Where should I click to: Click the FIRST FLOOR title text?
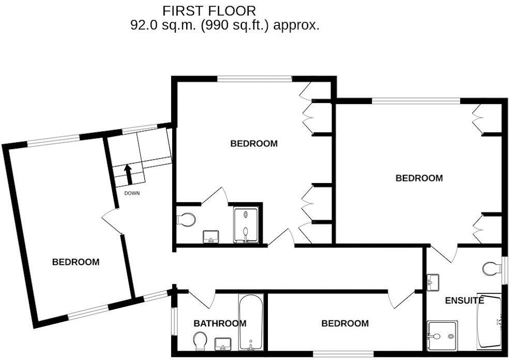[209, 10]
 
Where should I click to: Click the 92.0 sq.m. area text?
[224, 25]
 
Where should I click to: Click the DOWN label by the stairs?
[132, 193]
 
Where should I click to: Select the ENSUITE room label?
[464, 300]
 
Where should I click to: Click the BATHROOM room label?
[220, 323]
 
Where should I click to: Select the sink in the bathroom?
[223, 343]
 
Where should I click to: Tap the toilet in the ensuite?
[491, 268]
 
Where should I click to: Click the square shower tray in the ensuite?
[442, 336]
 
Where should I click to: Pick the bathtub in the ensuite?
[489, 321]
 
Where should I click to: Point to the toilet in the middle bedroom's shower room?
[186, 219]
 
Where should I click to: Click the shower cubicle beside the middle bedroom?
[246, 224]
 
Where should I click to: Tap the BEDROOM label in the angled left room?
[76, 262]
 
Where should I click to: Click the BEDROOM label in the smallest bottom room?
[345, 323]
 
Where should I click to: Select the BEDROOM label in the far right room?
[419, 178]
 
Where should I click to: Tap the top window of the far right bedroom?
[416, 101]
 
